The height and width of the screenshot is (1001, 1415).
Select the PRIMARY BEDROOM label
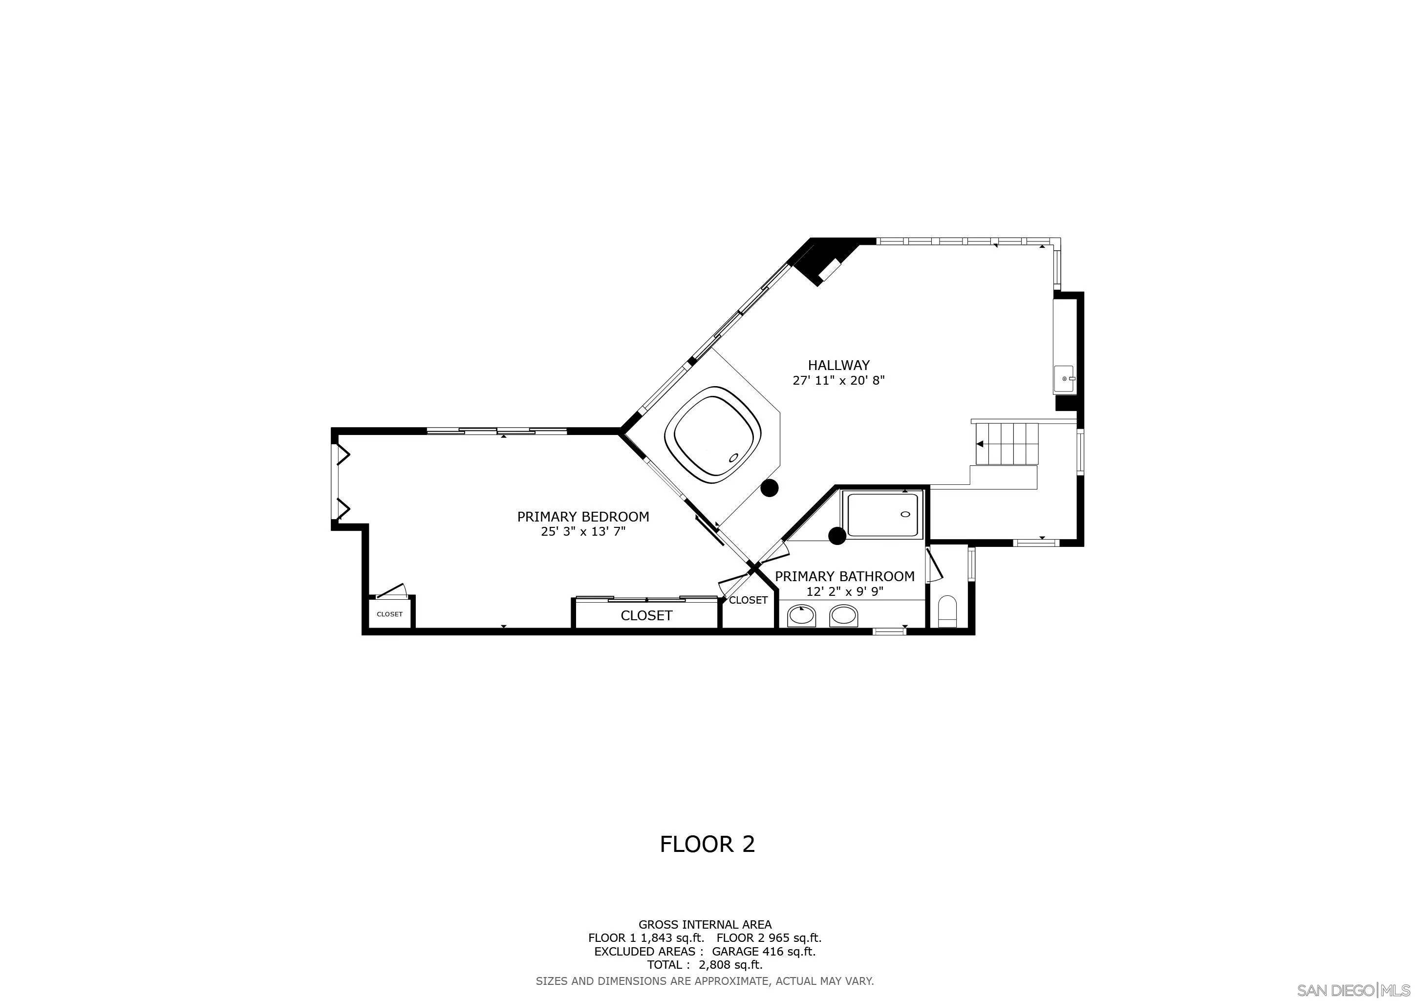coord(583,517)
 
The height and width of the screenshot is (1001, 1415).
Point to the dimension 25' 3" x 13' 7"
coord(583,531)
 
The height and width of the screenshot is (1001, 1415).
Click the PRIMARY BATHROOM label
coord(844,576)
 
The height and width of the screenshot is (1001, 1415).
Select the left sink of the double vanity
coord(801,615)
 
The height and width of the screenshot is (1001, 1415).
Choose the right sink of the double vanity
coord(843,615)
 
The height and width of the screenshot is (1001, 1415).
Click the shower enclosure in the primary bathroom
coord(882,515)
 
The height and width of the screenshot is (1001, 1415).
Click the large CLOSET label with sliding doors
coord(646,615)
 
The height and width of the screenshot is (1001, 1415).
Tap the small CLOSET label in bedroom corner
coord(389,614)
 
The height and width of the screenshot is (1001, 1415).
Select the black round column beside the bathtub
coord(769,488)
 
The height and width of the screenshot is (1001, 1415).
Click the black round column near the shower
coord(837,536)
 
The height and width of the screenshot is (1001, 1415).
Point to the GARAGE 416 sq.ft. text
coord(763,951)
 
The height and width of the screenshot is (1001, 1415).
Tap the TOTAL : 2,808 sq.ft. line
coord(705,965)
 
